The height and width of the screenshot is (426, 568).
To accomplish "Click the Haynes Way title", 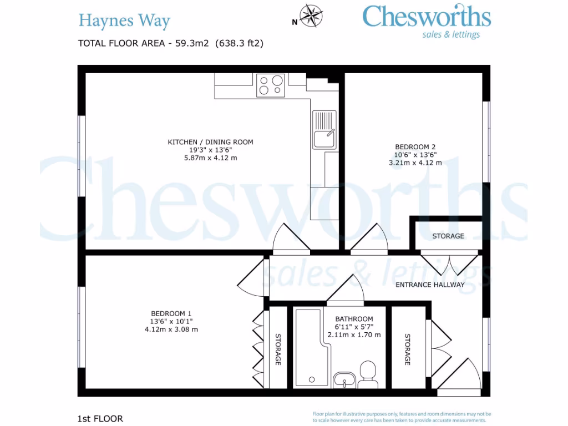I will coord(124,21).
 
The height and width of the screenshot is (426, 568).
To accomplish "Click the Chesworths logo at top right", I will coord(426,21).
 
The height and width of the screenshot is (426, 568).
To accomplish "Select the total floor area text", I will coord(171,43).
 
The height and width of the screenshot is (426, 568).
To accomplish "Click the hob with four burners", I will coord(271,85).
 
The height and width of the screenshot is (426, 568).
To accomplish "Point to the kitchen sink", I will coord(324,130).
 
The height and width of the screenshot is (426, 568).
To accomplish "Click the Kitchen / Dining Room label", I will coord(210,142).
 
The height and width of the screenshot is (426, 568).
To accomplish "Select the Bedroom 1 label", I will coord(171,313).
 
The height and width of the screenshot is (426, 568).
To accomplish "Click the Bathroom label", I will coord(354,319).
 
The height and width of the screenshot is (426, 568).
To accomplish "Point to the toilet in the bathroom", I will coord(367,374).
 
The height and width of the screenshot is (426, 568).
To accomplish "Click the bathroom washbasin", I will coord(344,381).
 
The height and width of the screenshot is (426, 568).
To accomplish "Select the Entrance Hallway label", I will coord(429,285).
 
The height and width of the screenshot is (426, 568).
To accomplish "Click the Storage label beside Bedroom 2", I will coord(448,236).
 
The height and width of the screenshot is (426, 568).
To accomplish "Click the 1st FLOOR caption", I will coord(100,418).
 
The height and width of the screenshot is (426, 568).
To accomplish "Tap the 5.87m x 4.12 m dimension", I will coord(210,158).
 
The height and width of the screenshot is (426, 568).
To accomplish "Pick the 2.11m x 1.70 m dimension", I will coord(354,334).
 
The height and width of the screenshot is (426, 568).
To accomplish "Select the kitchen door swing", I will coord(291,238).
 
